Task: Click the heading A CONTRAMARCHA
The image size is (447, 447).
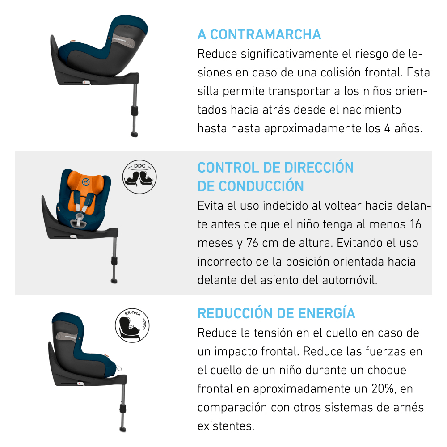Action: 259,34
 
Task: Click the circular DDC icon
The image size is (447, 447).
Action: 139,177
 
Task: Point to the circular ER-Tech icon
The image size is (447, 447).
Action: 132,325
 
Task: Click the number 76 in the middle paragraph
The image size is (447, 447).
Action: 253,243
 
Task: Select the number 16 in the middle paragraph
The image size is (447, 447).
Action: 415,224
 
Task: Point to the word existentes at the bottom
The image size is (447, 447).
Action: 225,426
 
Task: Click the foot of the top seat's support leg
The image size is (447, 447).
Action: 134,134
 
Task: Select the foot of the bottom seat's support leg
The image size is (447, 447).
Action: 122,429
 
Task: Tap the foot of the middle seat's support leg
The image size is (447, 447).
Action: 114,281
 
